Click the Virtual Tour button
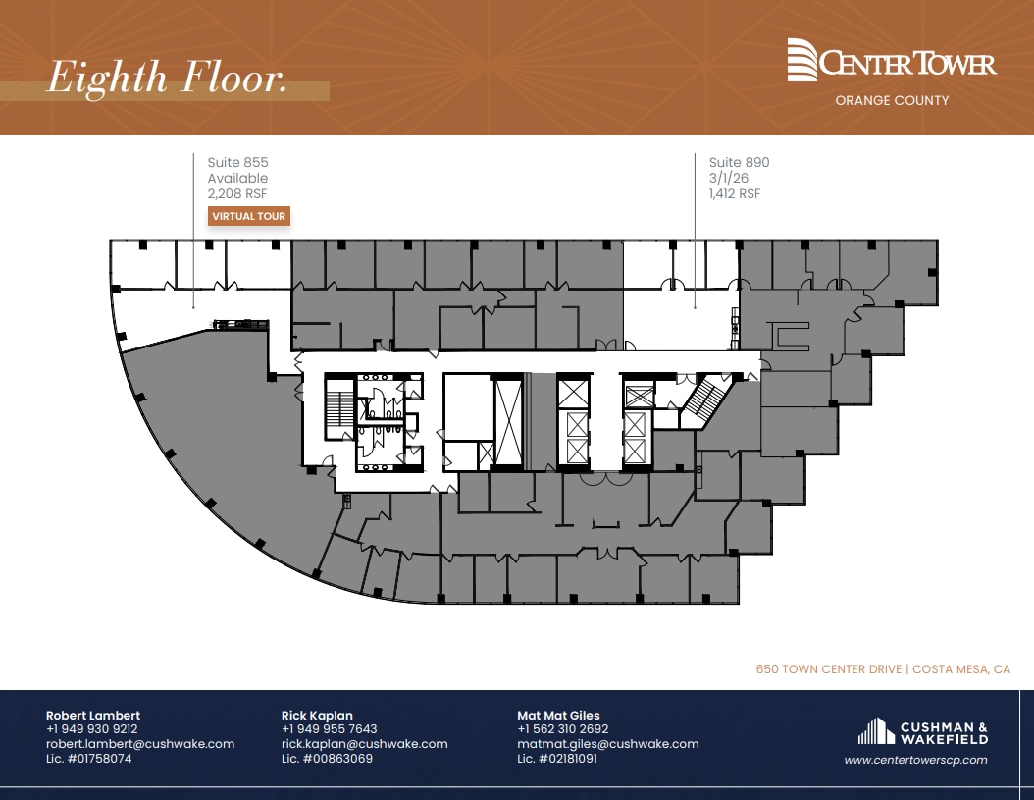(x=249, y=216)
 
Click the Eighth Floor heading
(x=167, y=79)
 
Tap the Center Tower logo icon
(x=801, y=61)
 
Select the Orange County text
(x=892, y=100)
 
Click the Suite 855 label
(x=237, y=162)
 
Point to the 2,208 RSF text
(x=237, y=194)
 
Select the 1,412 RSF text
(x=735, y=194)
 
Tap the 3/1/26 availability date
(x=729, y=178)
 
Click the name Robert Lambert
(x=93, y=715)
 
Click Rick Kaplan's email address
(x=364, y=744)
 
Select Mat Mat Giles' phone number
(x=562, y=729)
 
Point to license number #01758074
(x=88, y=759)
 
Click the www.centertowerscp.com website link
(x=915, y=760)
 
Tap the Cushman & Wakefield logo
(x=922, y=732)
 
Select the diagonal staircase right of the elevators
(x=706, y=401)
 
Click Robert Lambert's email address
(x=140, y=744)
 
